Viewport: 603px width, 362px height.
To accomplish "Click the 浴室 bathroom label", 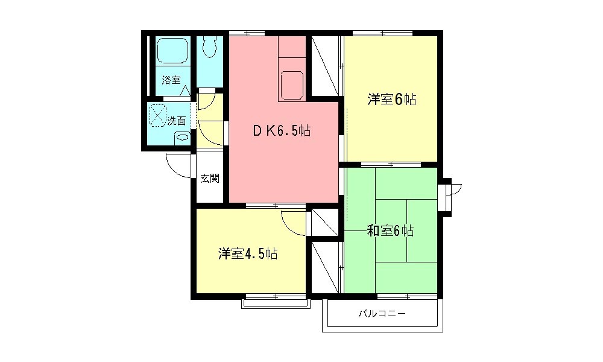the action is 171,80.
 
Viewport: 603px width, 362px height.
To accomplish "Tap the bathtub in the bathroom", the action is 172,51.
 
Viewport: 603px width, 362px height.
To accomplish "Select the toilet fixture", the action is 209,46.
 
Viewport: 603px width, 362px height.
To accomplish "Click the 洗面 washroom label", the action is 176,121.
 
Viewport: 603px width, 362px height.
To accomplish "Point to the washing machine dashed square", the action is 157,115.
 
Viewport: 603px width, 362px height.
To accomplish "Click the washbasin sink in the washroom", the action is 182,138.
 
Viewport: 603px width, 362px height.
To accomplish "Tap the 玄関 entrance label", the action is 210,179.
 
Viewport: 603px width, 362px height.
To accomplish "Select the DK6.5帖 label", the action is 282,131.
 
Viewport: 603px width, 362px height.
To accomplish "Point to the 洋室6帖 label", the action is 391,100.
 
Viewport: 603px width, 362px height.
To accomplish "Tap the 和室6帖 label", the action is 390,231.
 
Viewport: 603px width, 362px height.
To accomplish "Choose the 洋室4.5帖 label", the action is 248,253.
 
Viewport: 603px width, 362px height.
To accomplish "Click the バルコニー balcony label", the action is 382,314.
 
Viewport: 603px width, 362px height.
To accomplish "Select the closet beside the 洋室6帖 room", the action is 325,66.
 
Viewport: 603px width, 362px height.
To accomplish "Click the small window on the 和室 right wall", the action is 446,196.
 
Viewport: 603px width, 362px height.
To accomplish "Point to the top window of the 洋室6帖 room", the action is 383,33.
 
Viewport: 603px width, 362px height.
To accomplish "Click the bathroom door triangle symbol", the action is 185,91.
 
